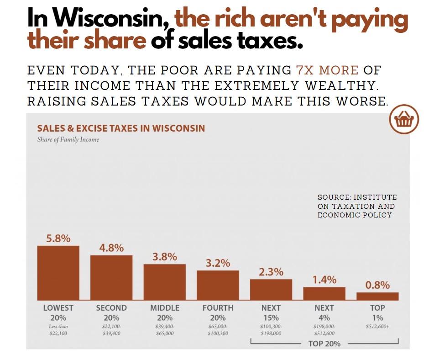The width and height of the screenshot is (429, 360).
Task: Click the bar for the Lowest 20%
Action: [x=58, y=273]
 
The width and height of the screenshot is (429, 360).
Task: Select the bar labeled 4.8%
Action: [x=111, y=277]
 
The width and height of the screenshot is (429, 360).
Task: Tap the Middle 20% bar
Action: [x=165, y=282]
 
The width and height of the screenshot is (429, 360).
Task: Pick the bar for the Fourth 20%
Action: [x=218, y=285]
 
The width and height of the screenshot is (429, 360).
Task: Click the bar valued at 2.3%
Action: [x=271, y=289]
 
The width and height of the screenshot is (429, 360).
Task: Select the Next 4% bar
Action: [x=324, y=293]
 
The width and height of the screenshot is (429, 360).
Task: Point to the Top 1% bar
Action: [x=377, y=296]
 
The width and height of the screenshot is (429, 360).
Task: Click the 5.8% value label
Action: [x=58, y=238]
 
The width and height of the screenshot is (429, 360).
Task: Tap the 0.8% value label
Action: [x=377, y=285]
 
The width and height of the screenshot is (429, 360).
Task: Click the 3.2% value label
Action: [x=218, y=263]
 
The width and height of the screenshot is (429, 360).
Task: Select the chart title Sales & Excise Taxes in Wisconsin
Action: [x=121, y=128]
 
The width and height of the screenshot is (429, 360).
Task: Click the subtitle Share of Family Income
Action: [x=68, y=139]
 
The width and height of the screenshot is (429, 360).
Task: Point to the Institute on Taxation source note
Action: [x=357, y=206]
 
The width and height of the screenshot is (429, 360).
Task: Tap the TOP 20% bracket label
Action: [x=324, y=344]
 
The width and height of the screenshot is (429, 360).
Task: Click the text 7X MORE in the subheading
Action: [x=327, y=71]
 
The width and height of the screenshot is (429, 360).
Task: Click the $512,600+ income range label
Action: [x=377, y=327]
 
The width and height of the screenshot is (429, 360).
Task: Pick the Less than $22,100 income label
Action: [x=58, y=330]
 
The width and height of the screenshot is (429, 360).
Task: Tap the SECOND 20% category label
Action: [x=111, y=312]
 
